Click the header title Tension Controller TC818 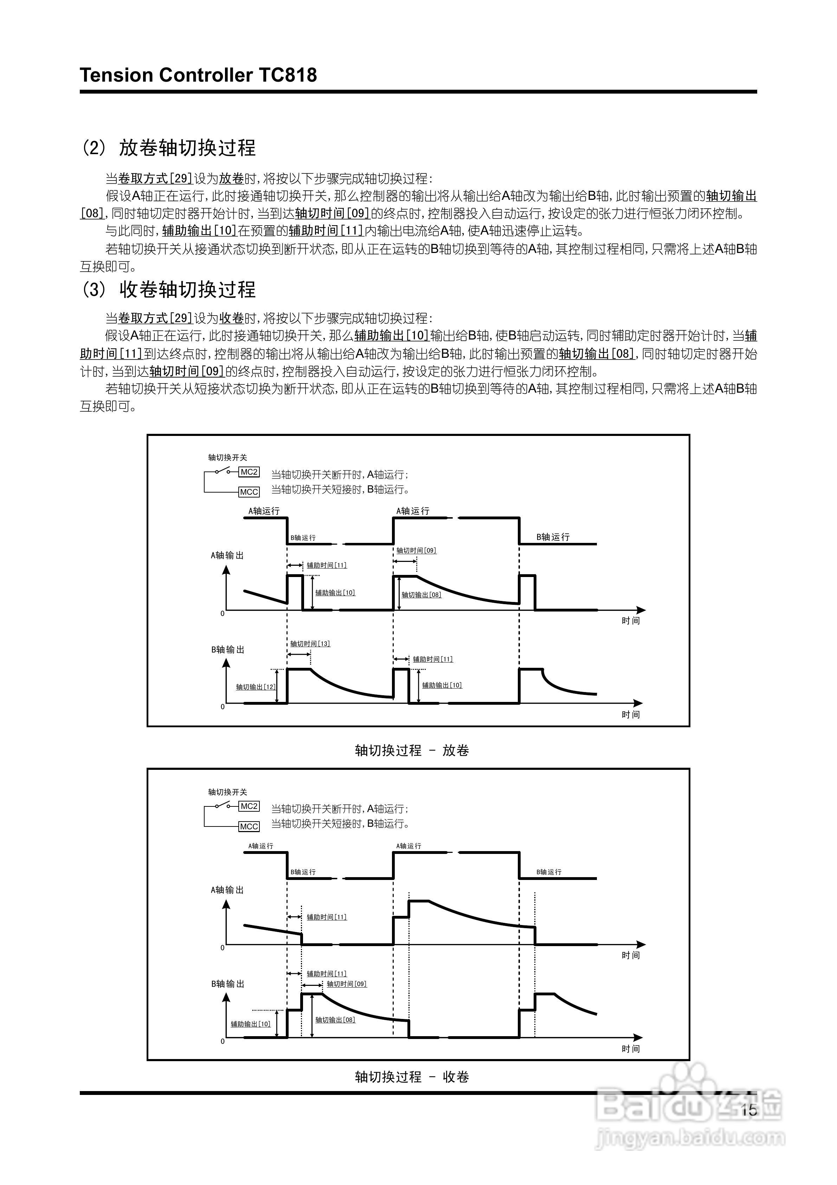199,75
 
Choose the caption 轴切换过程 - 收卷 412,1077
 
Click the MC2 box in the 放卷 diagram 249,472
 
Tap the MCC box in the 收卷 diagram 249,826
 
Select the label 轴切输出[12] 256,687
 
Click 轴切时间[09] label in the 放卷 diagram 416,551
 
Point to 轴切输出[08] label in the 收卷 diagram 335,1020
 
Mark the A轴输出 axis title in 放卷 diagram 227,555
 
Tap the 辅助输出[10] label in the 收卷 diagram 251,1024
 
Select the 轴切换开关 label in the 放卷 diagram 227,457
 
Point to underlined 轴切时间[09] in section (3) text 187,371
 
